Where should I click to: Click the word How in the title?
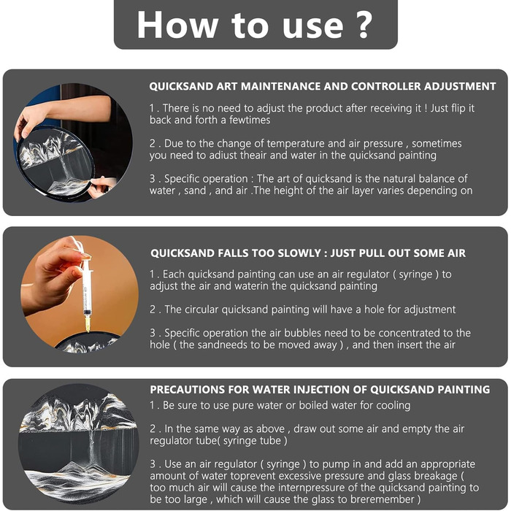(x=177, y=25)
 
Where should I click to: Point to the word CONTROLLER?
(x=386, y=86)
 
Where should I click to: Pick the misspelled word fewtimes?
(x=250, y=120)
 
